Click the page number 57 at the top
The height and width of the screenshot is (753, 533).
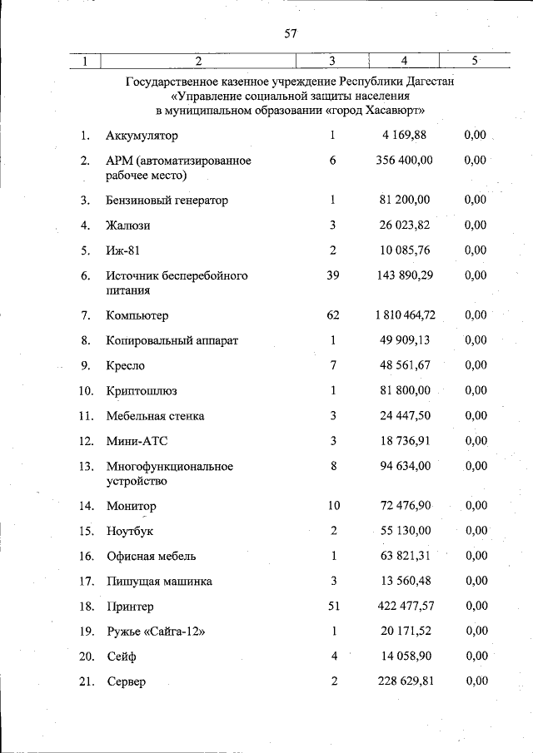290,33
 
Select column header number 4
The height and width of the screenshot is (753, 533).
403,61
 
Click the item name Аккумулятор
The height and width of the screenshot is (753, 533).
142,136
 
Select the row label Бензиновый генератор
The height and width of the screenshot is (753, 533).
167,201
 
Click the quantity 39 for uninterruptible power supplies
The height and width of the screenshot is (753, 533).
332,275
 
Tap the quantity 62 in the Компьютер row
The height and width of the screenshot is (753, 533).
332,315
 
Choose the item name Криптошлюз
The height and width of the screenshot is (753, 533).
142,391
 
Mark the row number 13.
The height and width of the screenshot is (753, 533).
86,467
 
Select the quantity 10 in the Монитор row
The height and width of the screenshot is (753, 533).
333,506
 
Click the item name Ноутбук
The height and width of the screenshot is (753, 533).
130,531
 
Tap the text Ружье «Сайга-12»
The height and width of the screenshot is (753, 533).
156,632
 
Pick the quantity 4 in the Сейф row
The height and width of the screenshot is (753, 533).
332,656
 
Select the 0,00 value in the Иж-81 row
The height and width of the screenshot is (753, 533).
476,250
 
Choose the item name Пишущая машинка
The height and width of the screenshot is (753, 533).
158,582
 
